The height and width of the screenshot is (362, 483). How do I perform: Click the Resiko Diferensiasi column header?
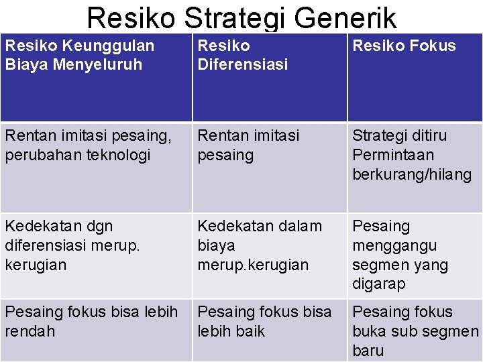point(242,55)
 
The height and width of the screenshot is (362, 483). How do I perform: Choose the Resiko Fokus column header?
point(404,46)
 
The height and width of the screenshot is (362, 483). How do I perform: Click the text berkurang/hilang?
point(412,174)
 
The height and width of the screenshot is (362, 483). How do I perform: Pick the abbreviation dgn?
point(99,226)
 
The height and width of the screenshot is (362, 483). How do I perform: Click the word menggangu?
point(394,245)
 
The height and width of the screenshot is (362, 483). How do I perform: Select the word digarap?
point(379,284)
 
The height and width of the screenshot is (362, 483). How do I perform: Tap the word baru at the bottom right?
point(368,350)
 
